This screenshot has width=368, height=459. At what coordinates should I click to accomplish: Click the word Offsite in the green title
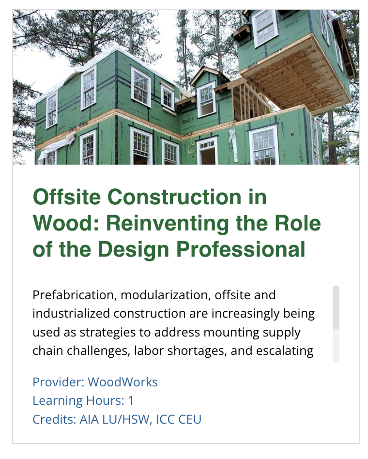(67, 197)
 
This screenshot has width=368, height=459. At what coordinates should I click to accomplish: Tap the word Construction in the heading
(174, 197)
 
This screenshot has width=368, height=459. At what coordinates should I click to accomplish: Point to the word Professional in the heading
(241, 249)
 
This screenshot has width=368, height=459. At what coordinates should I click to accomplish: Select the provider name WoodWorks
(123, 382)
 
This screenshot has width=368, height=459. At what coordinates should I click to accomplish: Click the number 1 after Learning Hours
(131, 401)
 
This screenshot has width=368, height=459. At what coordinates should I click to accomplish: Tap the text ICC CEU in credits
(179, 419)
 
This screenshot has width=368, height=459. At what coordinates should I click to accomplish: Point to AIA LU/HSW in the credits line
(114, 419)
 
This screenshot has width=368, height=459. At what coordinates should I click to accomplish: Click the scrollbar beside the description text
(336, 307)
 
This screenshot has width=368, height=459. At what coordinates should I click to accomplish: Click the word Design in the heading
(133, 250)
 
